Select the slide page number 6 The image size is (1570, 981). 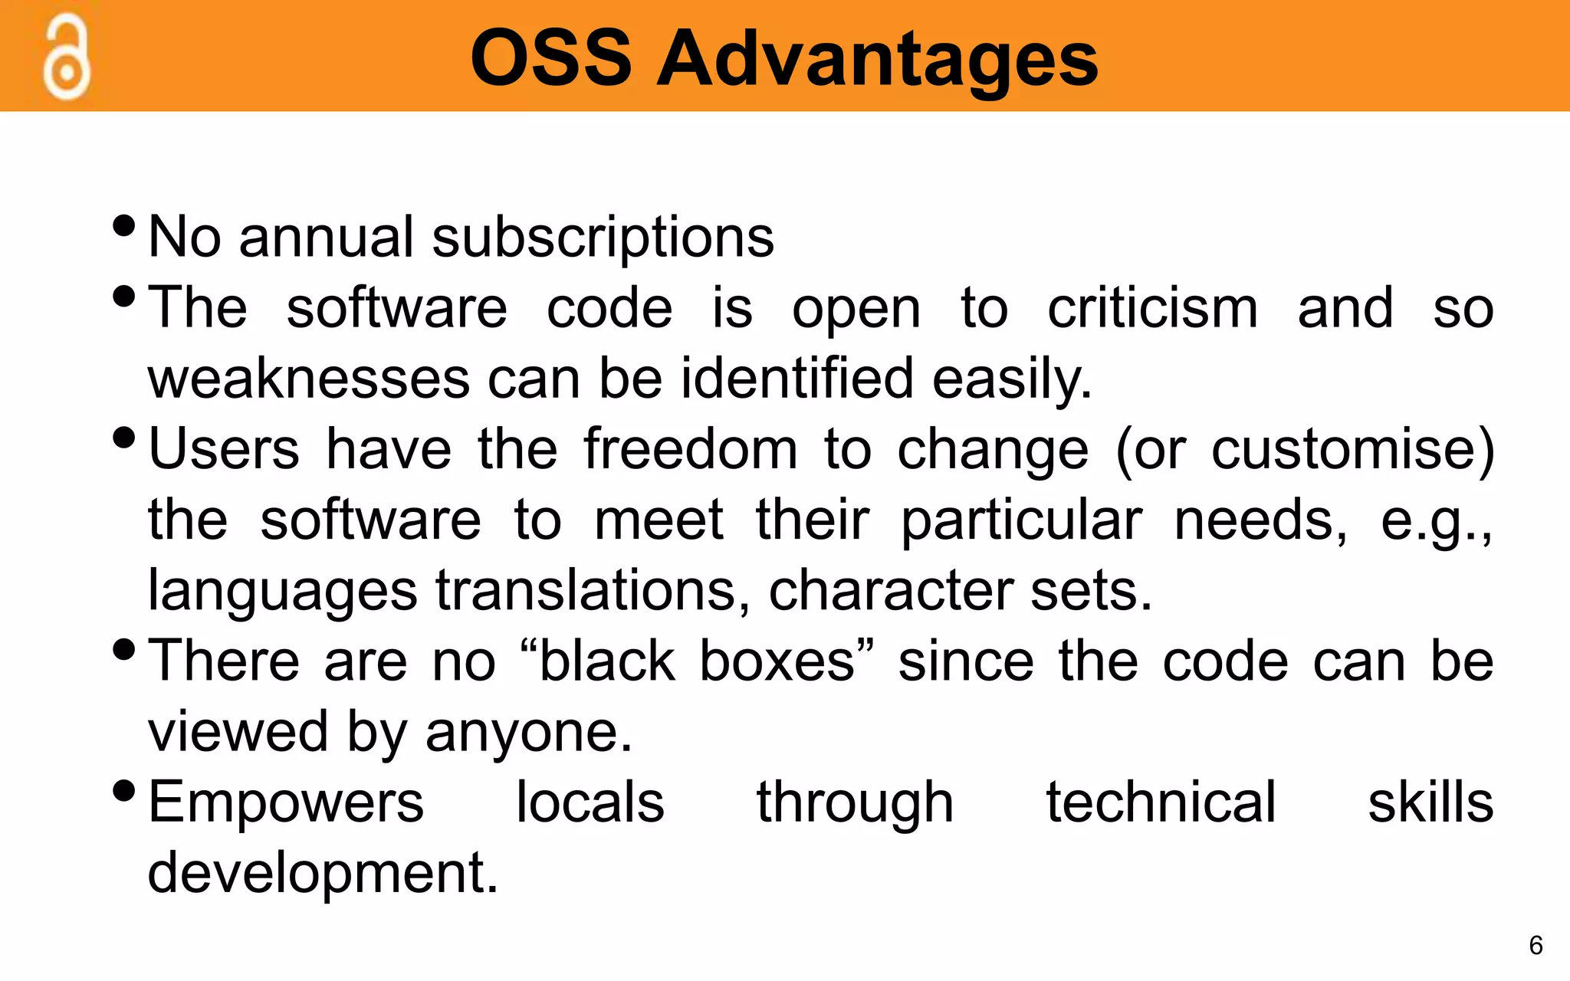[1536, 945]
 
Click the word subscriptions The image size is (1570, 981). [603, 238]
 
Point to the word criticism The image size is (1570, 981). [1153, 308]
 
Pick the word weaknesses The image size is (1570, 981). [308, 379]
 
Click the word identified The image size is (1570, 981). [797, 378]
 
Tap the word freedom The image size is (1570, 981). [691, 449]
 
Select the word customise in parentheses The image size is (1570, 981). [1345, 449]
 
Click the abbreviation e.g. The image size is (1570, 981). [1434, 521]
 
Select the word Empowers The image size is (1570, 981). [286, 802]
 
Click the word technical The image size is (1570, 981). [1161, 802]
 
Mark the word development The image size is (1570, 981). [323, 873]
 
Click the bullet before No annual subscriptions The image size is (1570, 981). [123, 226]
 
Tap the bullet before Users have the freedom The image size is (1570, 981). [123, 438]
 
